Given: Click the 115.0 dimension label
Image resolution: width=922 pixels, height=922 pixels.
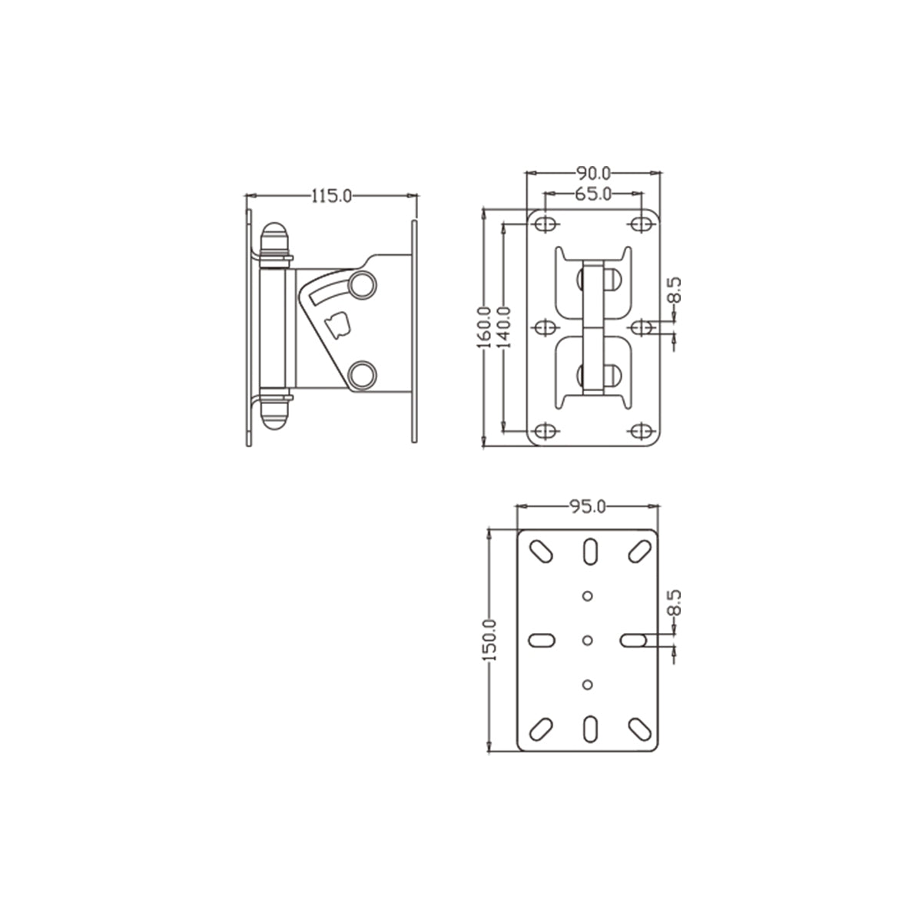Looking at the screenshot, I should (331, 196).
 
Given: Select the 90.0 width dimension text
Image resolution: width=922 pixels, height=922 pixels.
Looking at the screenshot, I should (592, 173).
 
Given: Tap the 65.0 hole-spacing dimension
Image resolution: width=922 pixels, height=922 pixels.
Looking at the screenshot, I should (592, 194).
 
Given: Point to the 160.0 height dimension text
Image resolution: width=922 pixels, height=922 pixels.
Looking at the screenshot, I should (484, 327).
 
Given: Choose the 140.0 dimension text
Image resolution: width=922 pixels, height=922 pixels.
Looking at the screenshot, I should (505, 327).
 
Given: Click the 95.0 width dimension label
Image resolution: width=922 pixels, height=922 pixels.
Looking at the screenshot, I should (588, 506).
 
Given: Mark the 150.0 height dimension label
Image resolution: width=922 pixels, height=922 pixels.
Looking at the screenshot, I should (491, 639).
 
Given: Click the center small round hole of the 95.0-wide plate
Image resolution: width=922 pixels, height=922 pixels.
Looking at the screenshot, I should (588, 639).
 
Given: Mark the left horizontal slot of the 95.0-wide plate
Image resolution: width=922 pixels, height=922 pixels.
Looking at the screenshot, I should (542, 639).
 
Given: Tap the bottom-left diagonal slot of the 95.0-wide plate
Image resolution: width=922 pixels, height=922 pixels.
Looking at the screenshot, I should (541, 727).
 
